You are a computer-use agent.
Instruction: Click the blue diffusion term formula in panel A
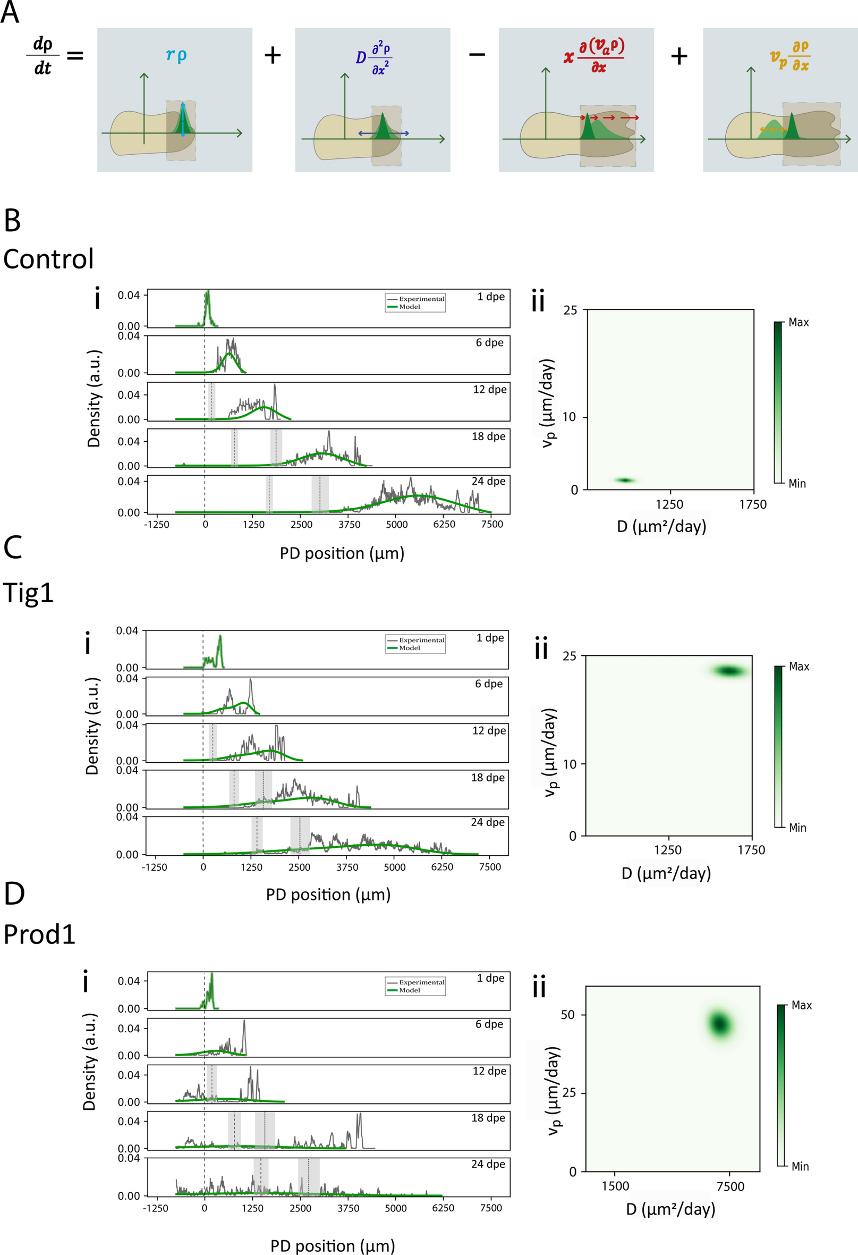[x=373, y=58]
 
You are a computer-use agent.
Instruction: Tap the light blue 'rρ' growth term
[x=176, y=55]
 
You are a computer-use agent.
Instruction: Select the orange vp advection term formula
[x=790, y=56]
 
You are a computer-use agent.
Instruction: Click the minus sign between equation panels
[x=477, y=55]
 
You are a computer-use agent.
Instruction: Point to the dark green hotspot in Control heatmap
[x=625, y=480]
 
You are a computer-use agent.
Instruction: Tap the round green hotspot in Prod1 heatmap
[x=720, y=1024]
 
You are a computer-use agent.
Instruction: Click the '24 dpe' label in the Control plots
[x=488, y=481]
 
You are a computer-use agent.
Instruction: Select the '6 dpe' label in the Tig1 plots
[x=488, y=684]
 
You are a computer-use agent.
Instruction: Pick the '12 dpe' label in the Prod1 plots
[x=489, y=1071]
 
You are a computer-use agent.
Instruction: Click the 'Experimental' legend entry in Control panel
[x=421, y=299]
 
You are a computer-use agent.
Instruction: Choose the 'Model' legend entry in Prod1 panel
[x=410, y=990]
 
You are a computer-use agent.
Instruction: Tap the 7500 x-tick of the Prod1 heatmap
[x=730, y=1186]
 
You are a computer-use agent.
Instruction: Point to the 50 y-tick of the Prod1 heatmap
[x=568, y=1015]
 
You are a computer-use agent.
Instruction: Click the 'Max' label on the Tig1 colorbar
[x=798, y=667]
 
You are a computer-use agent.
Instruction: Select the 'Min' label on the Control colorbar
[x=797, y=484]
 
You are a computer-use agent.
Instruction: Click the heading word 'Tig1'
[x=28, y=593]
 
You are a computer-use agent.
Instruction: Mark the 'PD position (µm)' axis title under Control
[x=342, y=553]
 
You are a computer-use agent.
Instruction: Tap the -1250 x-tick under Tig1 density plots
[x=154, y=867]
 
